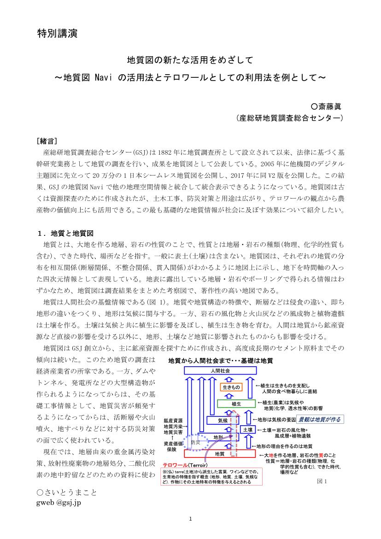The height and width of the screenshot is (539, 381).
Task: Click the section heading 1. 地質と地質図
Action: click(66, 233)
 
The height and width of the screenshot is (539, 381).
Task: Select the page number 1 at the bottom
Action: click(190, 519)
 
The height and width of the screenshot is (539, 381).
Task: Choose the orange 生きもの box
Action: click(231, 387)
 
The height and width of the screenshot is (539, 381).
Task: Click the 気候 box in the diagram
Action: click(223, 420)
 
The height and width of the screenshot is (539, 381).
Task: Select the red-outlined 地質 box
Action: click(219, 454)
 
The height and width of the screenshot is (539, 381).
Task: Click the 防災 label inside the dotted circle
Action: click(195, 443)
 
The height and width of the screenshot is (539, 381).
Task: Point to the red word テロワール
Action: click(172, 466)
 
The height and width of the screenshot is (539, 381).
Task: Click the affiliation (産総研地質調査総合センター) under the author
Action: click(290, 118)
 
